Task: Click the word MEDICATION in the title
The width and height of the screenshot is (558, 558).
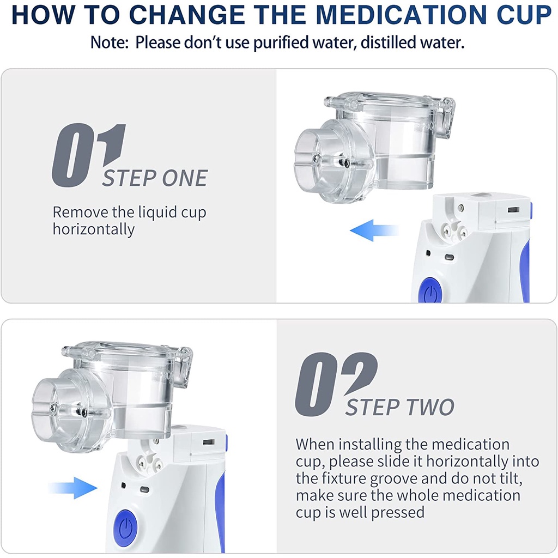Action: pos(401,15)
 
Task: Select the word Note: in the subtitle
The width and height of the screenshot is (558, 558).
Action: pos(109,43)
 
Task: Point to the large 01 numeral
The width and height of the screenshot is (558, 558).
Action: pos(89,155)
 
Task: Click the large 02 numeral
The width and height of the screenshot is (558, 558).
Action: pos(336,384)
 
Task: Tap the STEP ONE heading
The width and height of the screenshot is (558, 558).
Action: pos(155,178)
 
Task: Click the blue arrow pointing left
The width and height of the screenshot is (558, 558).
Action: pos(374,231)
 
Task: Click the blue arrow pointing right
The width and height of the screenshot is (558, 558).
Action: pos(73,488)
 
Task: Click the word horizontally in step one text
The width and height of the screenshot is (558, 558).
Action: pos(94,229)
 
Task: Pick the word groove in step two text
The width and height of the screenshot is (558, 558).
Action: pos(393,479)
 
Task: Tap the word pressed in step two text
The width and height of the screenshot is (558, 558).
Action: pos(397,513)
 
